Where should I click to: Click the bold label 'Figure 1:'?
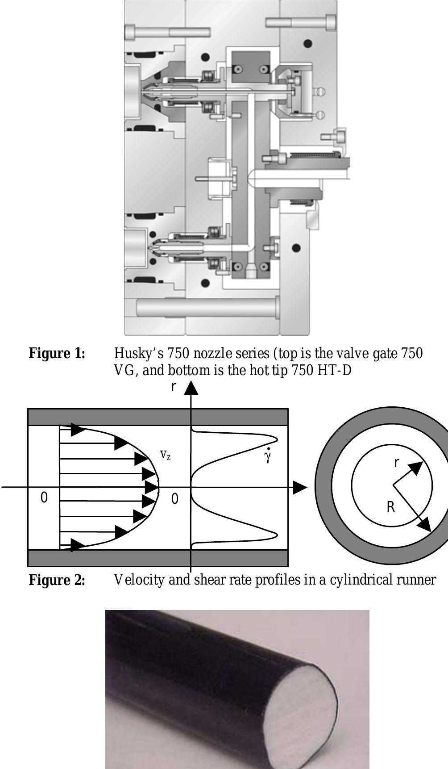(57, 354)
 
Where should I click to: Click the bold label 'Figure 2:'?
(57, 580)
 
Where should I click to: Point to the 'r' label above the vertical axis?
(174, 387)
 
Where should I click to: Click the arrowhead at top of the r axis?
(191, 388)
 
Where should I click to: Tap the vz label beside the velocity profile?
(165, 455)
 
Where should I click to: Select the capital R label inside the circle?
(390, 507)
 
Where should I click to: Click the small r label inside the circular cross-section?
(396, 463)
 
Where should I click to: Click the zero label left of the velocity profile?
(44, 497)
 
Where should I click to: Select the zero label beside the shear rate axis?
(174, 499)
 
